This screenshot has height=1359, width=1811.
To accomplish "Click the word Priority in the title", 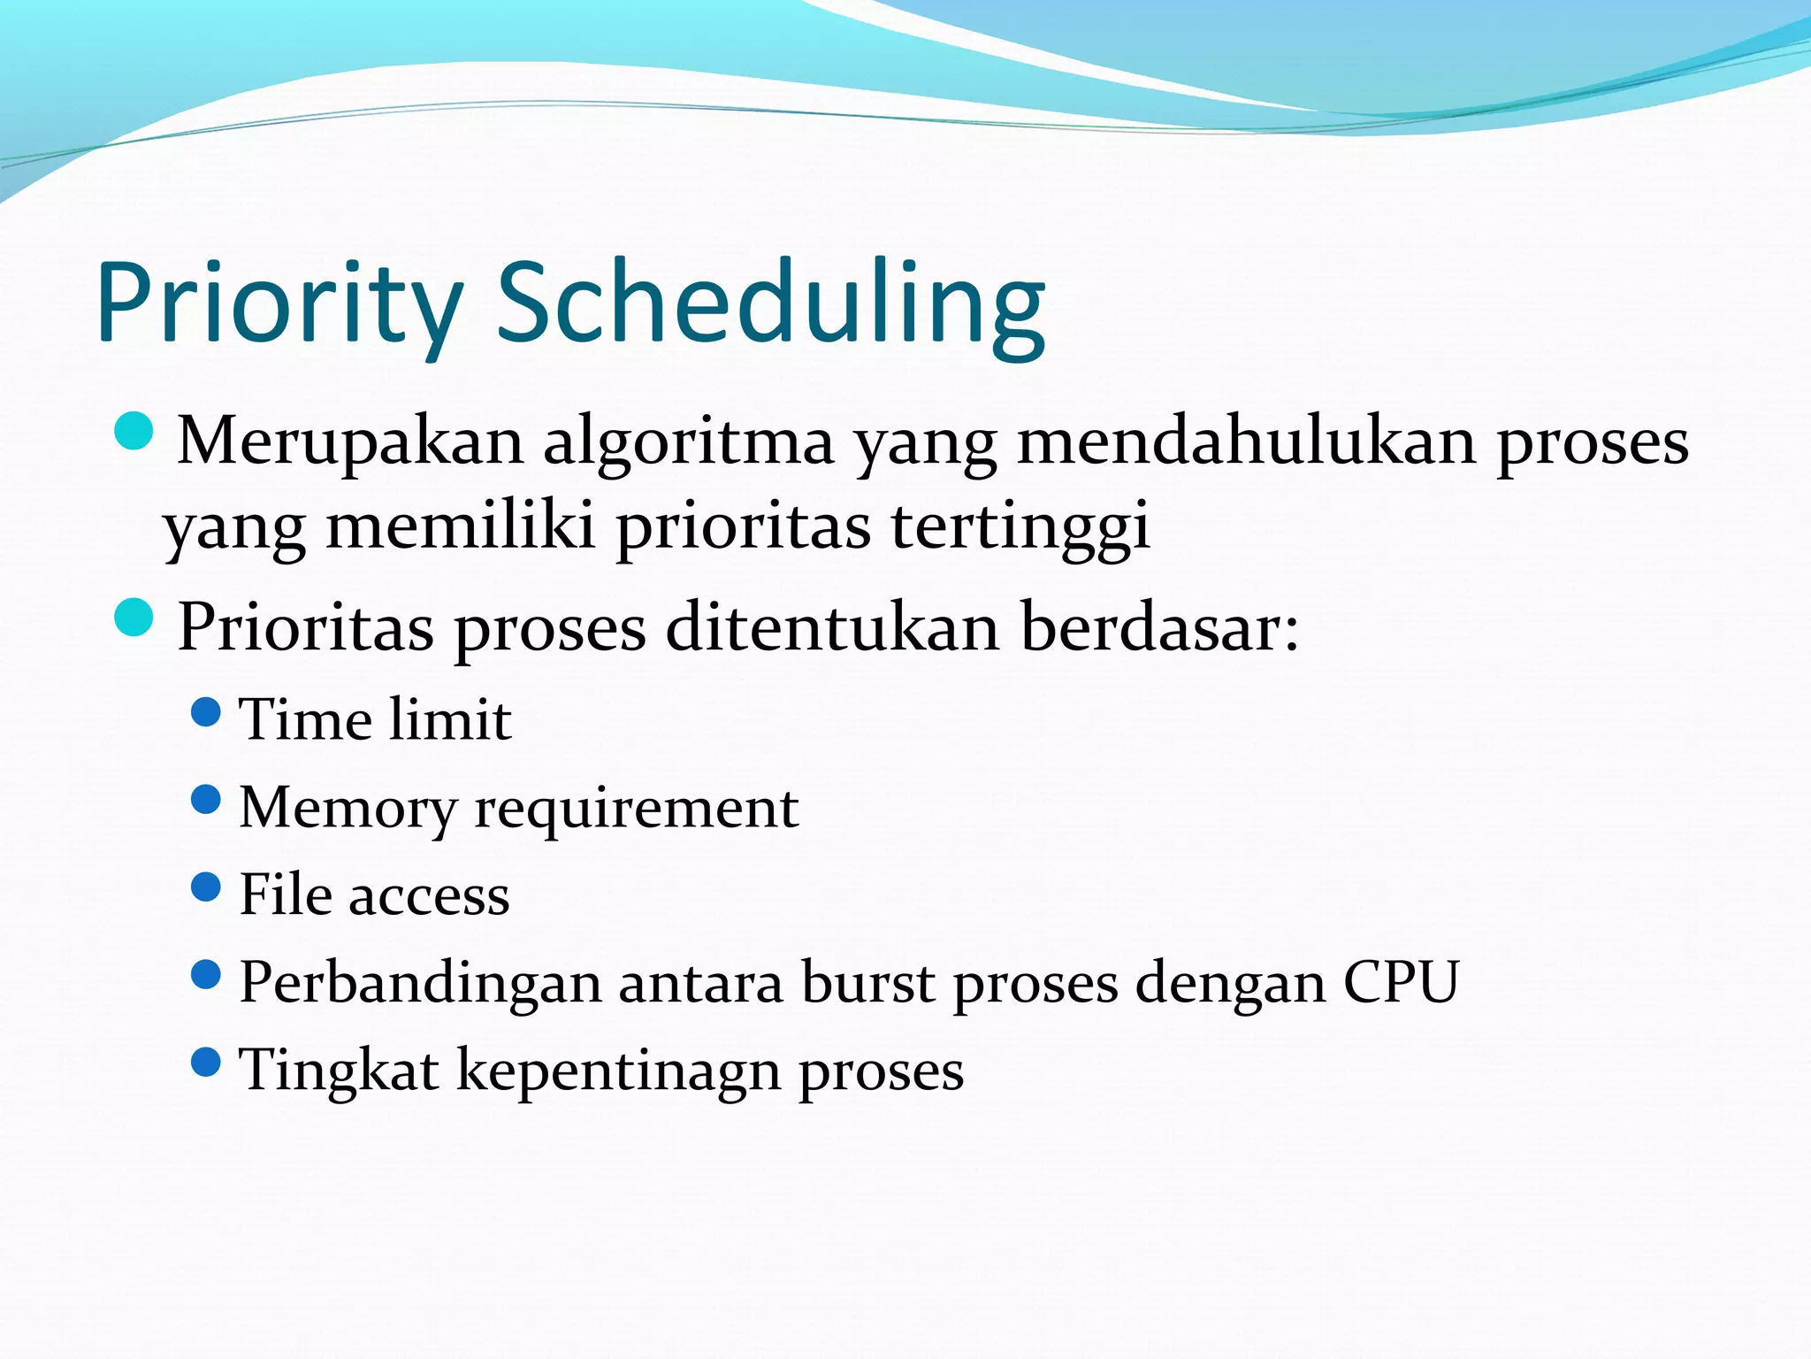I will [279, 303].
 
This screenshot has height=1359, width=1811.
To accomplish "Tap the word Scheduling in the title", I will [771, 303].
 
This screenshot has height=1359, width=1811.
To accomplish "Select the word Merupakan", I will [351, 441].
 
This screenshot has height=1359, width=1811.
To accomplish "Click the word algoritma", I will [688, 441].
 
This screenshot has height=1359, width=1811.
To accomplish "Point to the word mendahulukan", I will [1246, 441].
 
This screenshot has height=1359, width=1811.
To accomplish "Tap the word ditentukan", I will [832, 626].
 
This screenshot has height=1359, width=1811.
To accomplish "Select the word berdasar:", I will [1159, 626].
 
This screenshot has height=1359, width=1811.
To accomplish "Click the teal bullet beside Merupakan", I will [134, 431].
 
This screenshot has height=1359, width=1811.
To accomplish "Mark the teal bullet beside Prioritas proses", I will [134, 617].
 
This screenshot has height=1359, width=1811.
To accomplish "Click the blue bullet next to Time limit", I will [205, 711].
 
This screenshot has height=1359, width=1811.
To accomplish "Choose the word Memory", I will [348, 807].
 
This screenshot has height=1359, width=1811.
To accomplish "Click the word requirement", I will [636, 807].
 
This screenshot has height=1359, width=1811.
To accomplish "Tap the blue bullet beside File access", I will [205, 887].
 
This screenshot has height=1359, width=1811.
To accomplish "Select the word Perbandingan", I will [420, 982].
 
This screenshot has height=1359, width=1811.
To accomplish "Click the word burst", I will [867, 982].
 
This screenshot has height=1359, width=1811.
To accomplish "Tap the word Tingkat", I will [339, 1071].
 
